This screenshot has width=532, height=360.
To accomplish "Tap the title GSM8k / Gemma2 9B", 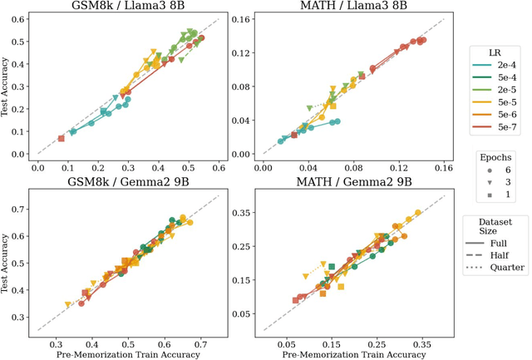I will point(128,183).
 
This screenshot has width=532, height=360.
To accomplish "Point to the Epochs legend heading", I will point(496,155).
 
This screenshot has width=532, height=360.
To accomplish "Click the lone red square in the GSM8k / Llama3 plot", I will point(61,139).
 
